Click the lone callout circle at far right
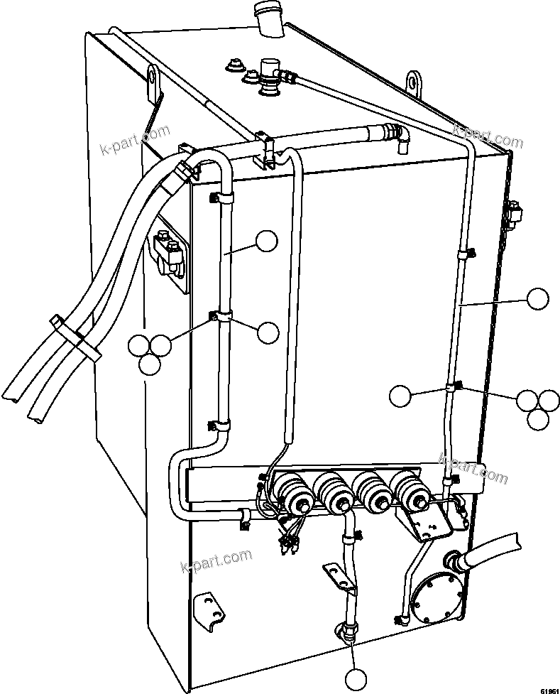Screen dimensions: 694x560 [x=538, y=298]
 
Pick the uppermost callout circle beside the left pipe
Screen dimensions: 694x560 [x=267, y=242]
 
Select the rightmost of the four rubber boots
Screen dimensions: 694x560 [x=411, y=492]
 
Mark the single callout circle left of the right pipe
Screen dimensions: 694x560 [x=401, y=396]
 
